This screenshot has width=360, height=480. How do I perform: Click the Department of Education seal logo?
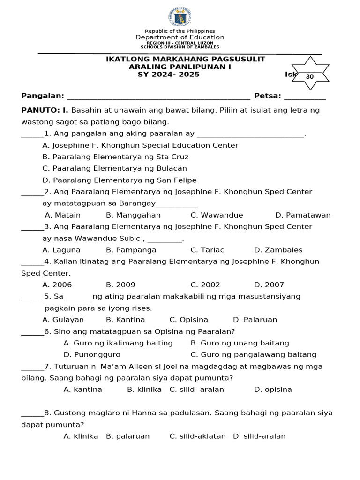(180, 17)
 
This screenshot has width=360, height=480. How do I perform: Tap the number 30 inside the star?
(309, 76)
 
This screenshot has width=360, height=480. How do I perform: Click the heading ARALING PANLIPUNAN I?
(180, 67)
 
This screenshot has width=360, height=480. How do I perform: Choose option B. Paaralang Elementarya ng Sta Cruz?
(115, 157)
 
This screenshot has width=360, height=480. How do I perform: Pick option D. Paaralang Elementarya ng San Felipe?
(119, 180)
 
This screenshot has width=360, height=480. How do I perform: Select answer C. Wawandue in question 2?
(217, 215)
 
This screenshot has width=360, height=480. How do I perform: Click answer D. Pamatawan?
(303, 215)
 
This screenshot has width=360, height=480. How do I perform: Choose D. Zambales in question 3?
(278, 250)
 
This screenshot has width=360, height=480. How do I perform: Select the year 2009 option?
(120, 285)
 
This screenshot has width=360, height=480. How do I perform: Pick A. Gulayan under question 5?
(63, 320)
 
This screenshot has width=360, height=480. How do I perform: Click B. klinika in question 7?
(144, 390)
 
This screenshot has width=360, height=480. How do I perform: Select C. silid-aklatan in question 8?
(197, 436)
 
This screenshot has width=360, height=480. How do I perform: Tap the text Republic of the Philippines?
(180, 31)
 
